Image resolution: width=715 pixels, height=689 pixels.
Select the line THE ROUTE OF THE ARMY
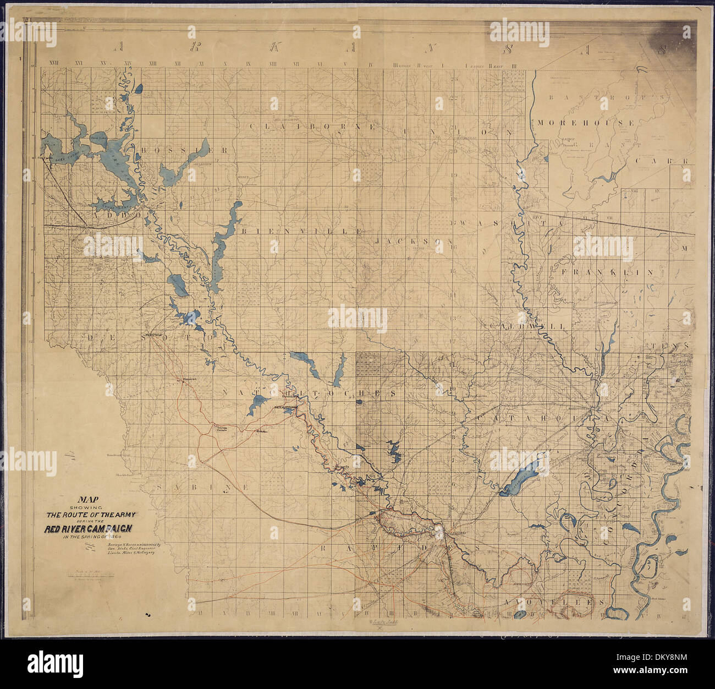click(91, 515)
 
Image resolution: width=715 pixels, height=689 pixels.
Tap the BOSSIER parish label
click(184, 150)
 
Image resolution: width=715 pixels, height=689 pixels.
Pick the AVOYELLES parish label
click(555, 603)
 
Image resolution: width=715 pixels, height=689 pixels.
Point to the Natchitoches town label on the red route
click(286, 407)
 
